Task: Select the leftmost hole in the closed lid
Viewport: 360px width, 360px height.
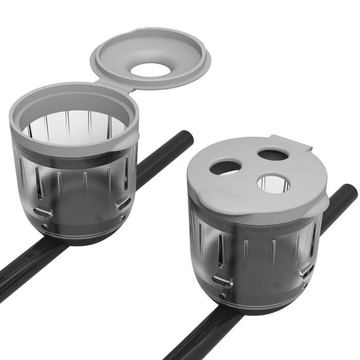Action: click(x=225, y=167)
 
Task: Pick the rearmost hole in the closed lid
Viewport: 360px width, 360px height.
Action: click(x=273, y=154)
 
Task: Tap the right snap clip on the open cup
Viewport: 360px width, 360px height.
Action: click(x=123, y=204)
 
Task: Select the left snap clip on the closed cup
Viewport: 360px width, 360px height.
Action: click(x=222, y=281)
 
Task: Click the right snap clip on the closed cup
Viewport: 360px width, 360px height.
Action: click(x=307, y=270)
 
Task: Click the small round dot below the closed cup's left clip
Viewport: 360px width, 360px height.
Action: click(x=223, y=296)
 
